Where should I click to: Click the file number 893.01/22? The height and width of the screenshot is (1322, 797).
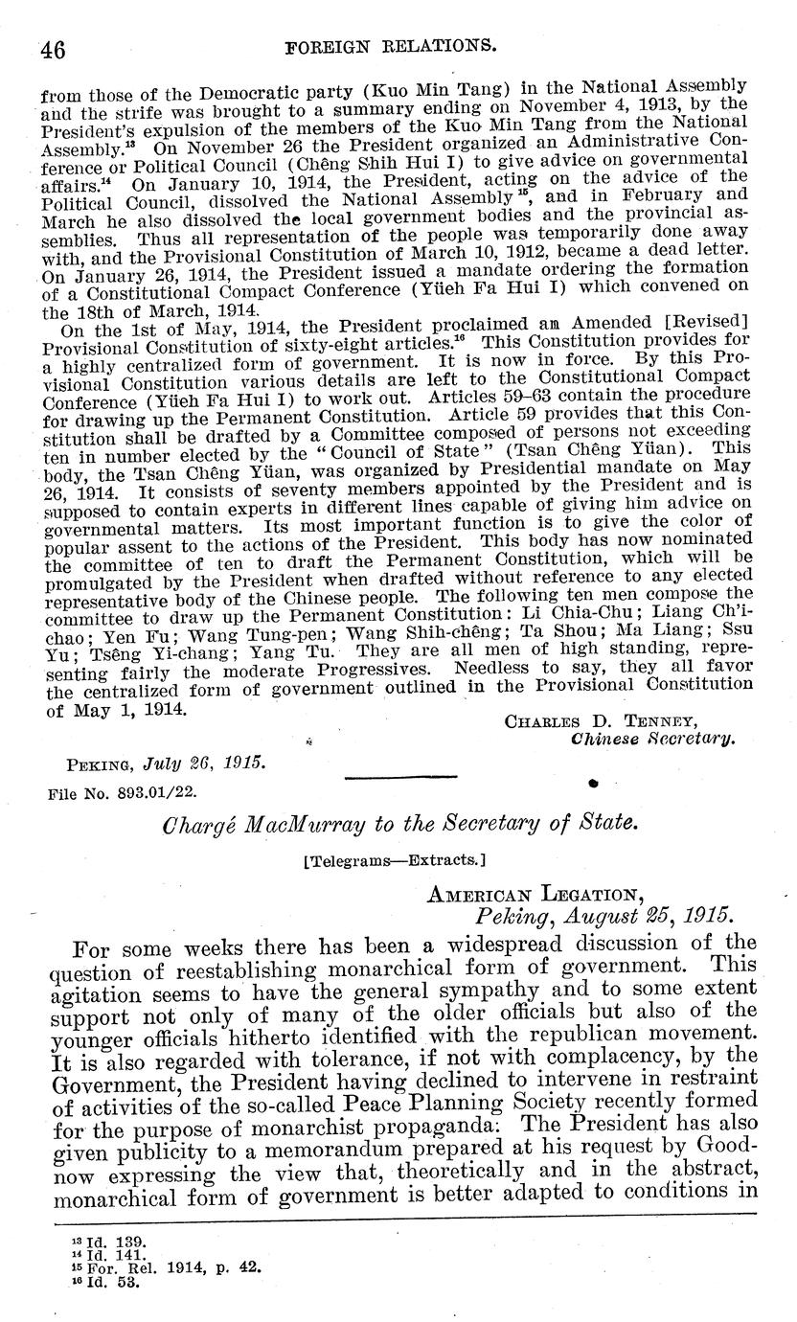point(128,793)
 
